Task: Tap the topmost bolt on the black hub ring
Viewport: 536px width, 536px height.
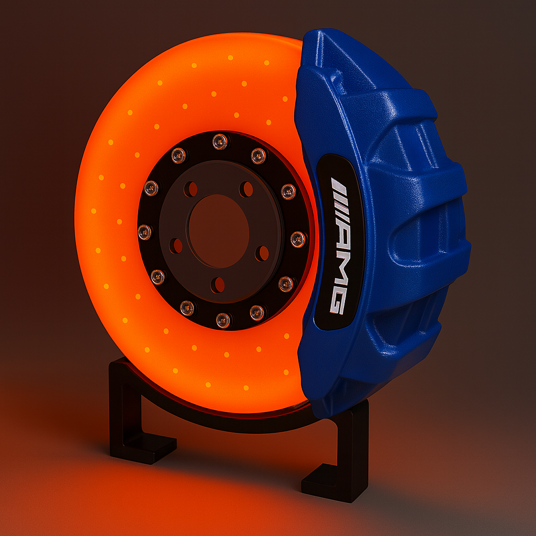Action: point(219,141)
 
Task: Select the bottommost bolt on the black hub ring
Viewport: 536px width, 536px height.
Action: point(223,320)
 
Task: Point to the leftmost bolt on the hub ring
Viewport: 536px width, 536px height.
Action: point(144,232)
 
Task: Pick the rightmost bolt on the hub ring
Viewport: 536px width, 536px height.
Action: point(298,239)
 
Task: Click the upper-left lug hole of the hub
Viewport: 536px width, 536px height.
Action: point(191,189)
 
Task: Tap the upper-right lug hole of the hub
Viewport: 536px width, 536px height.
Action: point(246,189)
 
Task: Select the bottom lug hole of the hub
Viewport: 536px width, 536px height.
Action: point(218,285)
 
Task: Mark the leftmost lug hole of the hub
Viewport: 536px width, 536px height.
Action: point(176,245)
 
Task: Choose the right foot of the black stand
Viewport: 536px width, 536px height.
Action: point(325,482)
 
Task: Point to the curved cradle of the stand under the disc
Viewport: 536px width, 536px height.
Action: point(220,421)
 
